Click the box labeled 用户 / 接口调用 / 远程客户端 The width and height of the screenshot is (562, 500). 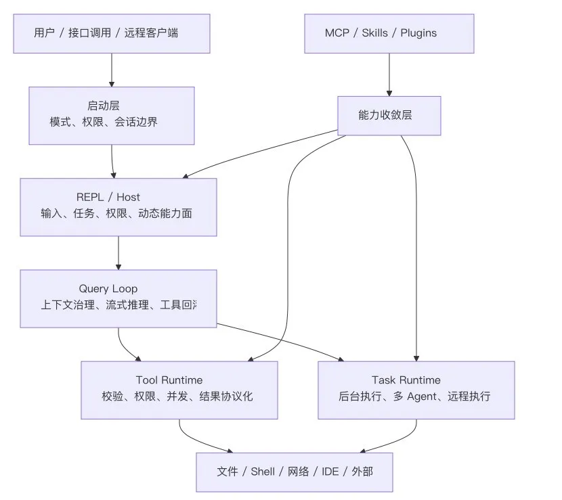112,33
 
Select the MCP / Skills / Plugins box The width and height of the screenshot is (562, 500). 389,33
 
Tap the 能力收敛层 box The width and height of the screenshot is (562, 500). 389,115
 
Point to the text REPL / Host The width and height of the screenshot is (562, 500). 108,197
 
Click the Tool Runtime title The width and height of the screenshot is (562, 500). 169,380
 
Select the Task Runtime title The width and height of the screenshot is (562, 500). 406,380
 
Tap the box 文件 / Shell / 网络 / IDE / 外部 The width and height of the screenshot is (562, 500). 295,471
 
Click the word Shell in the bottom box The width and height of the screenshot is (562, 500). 263,471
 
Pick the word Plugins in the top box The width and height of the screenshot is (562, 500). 418,33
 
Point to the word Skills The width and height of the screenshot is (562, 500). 375,33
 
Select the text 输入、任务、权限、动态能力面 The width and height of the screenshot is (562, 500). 116,213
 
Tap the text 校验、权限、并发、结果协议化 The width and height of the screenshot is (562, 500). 177,396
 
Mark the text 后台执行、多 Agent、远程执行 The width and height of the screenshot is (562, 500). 414,396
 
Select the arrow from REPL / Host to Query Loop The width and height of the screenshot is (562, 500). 118,253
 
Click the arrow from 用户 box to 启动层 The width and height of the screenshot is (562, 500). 112,70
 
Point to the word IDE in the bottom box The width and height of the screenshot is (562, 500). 330,471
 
